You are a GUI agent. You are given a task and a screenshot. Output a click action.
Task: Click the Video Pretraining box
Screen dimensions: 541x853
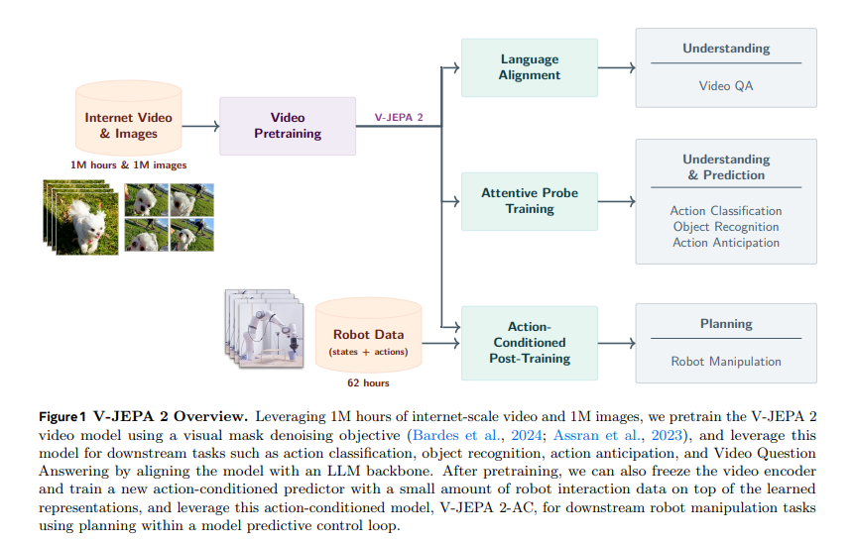[x=288, y=126]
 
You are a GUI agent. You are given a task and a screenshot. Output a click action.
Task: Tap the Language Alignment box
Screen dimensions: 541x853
[x=530, y=67]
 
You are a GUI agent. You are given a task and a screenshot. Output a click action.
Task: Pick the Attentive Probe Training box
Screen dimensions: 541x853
[x=530, y=201]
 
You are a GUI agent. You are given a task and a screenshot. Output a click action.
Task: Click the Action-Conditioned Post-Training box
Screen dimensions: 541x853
[x=530, y=343]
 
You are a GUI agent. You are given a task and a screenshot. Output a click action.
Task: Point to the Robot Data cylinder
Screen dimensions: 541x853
[x=368, y=335]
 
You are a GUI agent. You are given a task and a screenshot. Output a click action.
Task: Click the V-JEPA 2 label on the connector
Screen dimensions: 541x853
[x=399, y=117]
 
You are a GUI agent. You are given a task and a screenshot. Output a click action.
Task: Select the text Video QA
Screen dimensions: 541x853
[x=726, y=86]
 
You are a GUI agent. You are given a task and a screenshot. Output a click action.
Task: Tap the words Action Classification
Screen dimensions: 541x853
[x=726, y=211]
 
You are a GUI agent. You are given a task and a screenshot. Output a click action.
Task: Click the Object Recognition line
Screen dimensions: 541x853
[x=726, y=227]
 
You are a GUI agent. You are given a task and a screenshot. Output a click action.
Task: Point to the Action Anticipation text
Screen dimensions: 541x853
[x=726, y=243]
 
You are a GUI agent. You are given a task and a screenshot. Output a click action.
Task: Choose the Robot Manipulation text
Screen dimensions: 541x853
[x=726, y=363]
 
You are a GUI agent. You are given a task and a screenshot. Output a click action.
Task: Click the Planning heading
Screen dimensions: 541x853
[x=726, y=324]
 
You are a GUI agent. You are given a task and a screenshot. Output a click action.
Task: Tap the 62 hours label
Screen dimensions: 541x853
[x=368, y=383]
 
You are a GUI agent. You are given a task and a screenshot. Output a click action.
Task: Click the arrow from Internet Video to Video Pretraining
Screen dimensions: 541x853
[x=201, y=126]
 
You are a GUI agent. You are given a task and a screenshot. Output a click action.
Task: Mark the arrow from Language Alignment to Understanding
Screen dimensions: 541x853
[x=616, y=67]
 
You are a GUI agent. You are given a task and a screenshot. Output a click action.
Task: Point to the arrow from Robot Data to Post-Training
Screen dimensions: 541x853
[x=441, y=343]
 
